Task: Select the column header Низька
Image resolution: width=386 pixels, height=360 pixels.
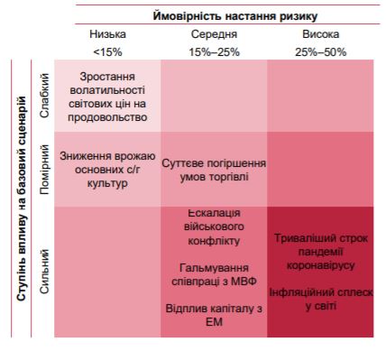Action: [107, 33]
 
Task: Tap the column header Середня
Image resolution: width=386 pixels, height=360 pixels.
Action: [214, 33]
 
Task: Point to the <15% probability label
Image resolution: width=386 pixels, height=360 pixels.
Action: [107, 51]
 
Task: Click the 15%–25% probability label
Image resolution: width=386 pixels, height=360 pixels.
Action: [214, 51]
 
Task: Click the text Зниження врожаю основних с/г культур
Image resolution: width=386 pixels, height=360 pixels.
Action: [107, 170]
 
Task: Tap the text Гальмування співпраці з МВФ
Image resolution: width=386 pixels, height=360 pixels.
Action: [214, 275]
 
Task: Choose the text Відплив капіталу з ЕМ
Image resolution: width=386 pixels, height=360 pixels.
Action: [214, 317]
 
